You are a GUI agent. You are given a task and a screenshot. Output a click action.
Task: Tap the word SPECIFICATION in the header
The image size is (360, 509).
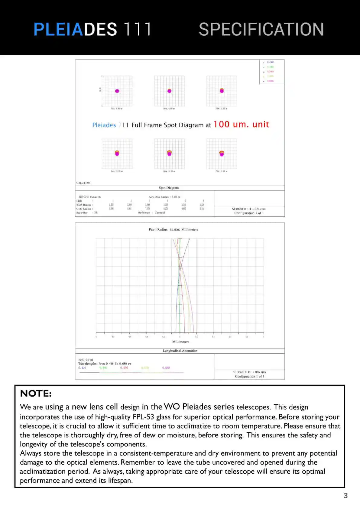(261, 29)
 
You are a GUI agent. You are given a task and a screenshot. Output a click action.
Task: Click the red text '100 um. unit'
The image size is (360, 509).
(241, 125)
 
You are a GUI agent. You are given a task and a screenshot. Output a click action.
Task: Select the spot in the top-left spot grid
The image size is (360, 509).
(117, 91)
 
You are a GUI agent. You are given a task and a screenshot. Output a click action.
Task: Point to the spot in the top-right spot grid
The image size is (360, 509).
(222, 91)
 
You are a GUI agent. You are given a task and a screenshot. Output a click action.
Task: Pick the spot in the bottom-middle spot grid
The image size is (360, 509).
(169, 153)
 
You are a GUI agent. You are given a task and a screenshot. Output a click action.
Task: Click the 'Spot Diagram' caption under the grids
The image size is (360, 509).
(169, 188)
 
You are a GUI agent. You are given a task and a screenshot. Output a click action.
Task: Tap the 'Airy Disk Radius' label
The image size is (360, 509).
(159, 197)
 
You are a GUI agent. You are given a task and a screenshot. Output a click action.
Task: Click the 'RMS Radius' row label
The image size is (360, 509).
(84, 205)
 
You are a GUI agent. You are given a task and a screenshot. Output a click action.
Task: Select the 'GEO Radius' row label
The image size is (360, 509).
(84, 209)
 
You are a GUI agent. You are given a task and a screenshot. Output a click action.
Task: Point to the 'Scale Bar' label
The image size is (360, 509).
(82, 213)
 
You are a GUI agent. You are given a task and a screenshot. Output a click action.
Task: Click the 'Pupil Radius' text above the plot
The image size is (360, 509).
(158, 229)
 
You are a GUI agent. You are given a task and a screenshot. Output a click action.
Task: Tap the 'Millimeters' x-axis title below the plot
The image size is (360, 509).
(180, 342)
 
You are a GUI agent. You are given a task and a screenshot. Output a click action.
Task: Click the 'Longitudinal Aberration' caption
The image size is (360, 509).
(180, 351)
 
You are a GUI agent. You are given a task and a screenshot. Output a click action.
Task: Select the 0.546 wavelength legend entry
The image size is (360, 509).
(124, 368)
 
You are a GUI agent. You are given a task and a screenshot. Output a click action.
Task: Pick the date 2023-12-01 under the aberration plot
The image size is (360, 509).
(86, 360)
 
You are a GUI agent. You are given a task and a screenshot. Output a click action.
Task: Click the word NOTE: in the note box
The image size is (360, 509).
(36, 394)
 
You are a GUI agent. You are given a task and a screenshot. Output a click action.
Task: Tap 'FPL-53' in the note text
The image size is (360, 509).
(143, 417)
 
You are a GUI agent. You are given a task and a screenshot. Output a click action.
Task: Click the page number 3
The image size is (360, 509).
(345, 495)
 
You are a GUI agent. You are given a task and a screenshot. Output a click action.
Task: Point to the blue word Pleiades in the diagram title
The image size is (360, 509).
(104, 125)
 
